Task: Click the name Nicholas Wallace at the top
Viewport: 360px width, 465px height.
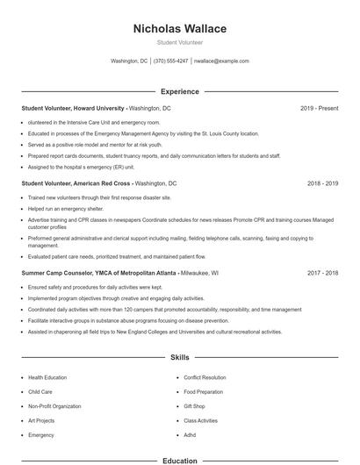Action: pyautogui.click(x=179, y=28)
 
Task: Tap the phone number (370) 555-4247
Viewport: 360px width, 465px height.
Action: pyautogui.click(x=170, y=61)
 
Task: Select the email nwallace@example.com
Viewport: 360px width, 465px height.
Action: pyautogui.click(x=221, y=61)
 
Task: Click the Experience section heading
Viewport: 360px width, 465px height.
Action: pyautogui.click(x=179, y=91)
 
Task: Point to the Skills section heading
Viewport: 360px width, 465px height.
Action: pyautogui.click(x=179, y=358)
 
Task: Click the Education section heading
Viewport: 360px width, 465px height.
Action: pyautogui.click(x=179, y=460)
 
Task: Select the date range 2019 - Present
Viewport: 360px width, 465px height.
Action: pyautogui.click(x=319, y=108)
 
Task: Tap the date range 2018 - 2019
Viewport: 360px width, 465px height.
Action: pyautogui.click(x=323, y=184)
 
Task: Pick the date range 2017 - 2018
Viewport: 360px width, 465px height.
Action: pyautogui.click(x=323, y=273)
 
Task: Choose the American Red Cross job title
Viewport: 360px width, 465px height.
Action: pyautogui.click(x=76, y=184)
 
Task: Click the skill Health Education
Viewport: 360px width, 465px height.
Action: pyautogui.click(x=47, y=377)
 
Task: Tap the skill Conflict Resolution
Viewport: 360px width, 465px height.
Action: pyautogui.click(x=205, y=377)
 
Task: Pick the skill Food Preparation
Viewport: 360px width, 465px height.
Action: pyautogui.click(x=203, y=391)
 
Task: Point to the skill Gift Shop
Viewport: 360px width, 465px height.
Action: pyautogui.click(x=194, y=406)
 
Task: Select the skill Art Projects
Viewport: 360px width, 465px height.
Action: pyautogui.click(x=41, y=420)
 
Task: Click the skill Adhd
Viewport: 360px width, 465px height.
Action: pyautogui.click(x=190, y=434)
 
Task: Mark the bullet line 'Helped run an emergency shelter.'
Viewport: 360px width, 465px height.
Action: pyautogui.click(x=66, y=209)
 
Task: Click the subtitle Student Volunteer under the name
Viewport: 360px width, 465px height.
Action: pyautogui.click(x=179, y=42)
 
